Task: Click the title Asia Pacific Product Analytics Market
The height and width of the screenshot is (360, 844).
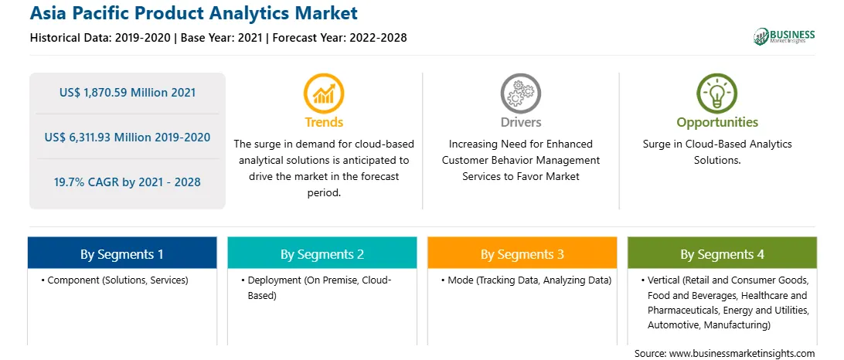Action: tap(193, 13)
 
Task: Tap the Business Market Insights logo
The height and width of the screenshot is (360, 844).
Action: tap(784, 36)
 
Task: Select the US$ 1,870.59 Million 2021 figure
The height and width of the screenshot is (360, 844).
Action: tap(128, 93)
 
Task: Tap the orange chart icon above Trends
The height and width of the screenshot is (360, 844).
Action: tap(324, 93)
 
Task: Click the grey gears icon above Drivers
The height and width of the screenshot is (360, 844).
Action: tap(520, 93)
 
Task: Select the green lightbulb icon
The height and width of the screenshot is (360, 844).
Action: tap(717, 93)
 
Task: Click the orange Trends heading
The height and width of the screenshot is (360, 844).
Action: tap(324, 122)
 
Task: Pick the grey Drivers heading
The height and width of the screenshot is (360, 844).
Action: tap(520, 122)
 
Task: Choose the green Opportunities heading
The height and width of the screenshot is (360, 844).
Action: tap(717, 123)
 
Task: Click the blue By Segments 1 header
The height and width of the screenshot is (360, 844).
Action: tap(122, 253)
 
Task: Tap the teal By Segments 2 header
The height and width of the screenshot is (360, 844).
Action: tap(322, 253)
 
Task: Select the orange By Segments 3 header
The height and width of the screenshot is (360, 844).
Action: tap(522, 253)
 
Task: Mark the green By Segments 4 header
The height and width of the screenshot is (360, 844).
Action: tap(723, 253)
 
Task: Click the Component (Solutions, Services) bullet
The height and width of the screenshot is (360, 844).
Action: tap(114, 280)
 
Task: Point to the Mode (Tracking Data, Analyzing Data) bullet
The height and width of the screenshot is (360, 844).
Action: tap(526, 280)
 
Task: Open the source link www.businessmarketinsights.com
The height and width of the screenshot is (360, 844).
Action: tap(742, 354)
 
